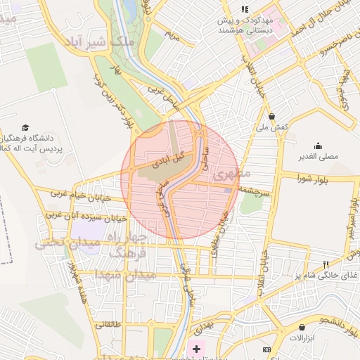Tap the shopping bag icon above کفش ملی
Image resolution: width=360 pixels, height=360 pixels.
coord(271,116)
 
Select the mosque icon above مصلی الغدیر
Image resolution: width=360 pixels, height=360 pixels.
coord(319,146)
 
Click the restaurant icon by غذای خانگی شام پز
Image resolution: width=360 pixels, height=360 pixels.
coord(325,264)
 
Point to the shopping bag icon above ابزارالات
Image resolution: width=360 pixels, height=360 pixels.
coord(302,327)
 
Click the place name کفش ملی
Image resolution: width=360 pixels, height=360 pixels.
coord(271,128)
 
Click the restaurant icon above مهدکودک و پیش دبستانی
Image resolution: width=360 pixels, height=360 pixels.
coord(244,9)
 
